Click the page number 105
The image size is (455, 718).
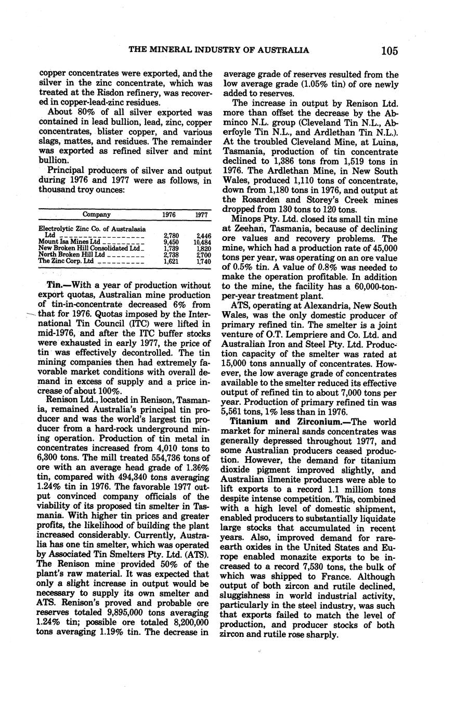(389, 50)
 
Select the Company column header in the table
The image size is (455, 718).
(97, 214)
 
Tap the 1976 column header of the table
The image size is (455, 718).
(169, 214)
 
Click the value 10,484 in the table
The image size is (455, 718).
(202, 242)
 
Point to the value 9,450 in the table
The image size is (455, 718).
(171, 242)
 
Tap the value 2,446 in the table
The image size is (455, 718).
(202, 235)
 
